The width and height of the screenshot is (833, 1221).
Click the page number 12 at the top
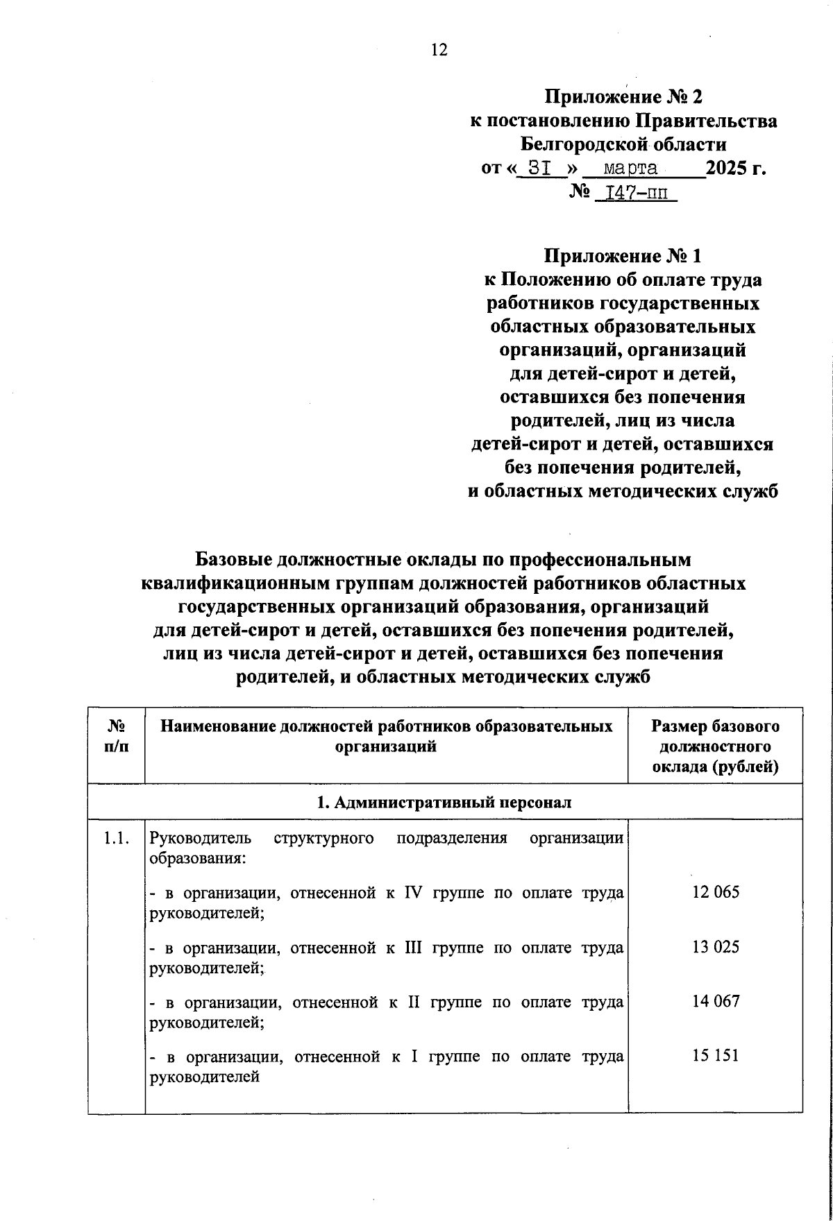(x=439, y=50)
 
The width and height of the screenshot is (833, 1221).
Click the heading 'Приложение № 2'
(x=623, y=96)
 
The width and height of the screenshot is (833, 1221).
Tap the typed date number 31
(x=540, y=169)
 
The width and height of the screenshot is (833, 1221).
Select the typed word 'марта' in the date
(x=630, y=169)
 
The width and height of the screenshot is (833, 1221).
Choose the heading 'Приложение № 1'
(x=623, y=256)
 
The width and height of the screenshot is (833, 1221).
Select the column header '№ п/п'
(x=116, y=736)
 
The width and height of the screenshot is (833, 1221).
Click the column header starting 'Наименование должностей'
(x=386, y=736)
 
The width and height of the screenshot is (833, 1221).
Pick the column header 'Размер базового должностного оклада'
(x=715, y=746)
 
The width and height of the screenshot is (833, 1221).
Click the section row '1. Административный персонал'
(x=444, y=803)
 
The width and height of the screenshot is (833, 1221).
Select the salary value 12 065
(x=716, y=892)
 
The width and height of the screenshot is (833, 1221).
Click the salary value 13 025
(x=716, y=947)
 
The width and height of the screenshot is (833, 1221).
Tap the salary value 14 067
(x=716, y=1002)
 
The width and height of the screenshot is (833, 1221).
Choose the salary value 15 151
(x=716, y=1056)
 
